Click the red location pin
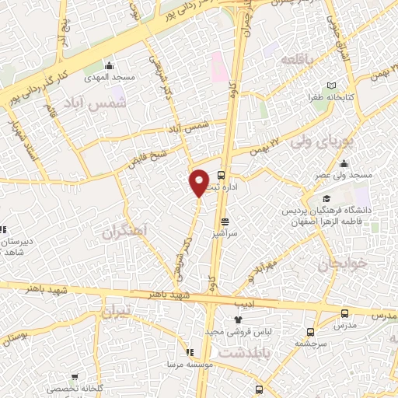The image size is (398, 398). click(199, 182)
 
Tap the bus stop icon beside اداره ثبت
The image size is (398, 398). click(222, 175)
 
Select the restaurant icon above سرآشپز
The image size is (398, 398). click(225, 222)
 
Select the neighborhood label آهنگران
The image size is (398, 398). click(124, 231)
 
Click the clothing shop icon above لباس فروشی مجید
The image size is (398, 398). click(239, 319)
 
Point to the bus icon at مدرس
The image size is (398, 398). click(344, 312)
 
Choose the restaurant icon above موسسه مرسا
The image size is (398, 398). click(190, 352)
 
